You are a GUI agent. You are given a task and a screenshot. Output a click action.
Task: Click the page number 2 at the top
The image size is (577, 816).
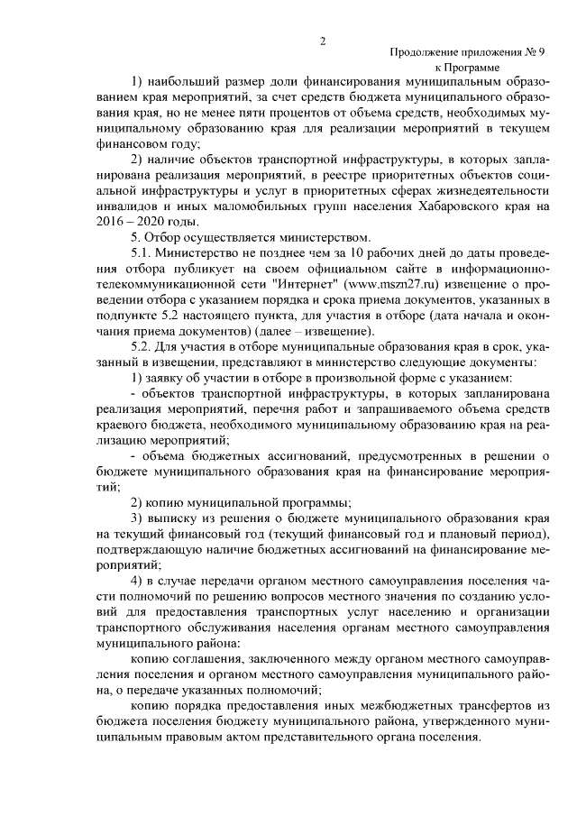(321, 40)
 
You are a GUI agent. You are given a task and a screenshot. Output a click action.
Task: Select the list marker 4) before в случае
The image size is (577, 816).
(137, 579)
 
